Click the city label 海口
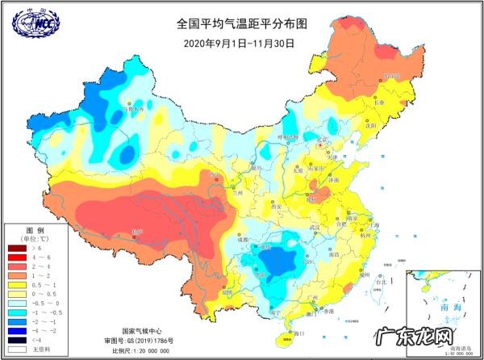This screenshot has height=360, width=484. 298,333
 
